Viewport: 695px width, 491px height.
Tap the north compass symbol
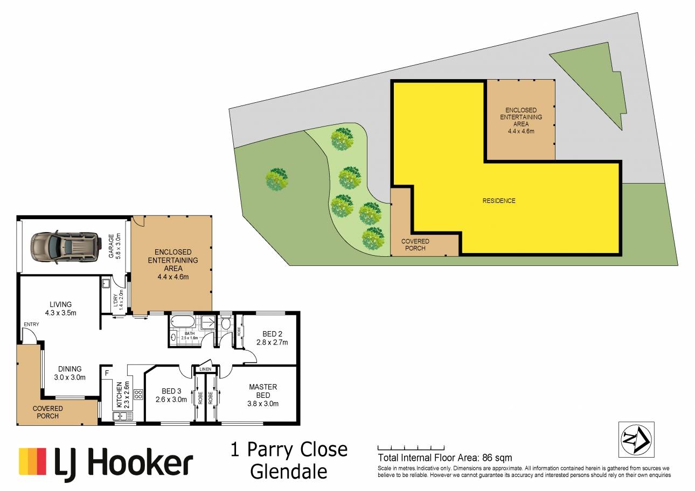(636, 439)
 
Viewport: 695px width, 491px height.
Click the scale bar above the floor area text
(411, 447)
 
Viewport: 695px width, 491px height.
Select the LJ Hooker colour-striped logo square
(32, 461)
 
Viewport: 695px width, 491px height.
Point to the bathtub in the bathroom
(183, 321)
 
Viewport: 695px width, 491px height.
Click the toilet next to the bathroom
(226, 323)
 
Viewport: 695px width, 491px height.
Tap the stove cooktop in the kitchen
(138, 395)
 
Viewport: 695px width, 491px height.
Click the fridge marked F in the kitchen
(107, 373)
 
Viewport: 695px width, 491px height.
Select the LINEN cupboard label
(205, 369)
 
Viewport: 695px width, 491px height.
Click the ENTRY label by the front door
(31, 324)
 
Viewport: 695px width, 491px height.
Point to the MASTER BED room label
(263, 391)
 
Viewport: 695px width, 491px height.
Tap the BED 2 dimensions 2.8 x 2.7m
(272, 342)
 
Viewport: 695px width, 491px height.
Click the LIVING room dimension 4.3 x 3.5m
(60, 313)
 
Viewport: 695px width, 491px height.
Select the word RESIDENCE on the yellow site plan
(499, 201)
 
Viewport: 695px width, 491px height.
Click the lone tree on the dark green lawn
(277, 179)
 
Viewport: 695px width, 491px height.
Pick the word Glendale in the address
(289, 472)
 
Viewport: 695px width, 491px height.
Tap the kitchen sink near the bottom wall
(123, 416)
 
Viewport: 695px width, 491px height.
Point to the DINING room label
(70, 369)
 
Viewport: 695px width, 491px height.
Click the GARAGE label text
(111, 246)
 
